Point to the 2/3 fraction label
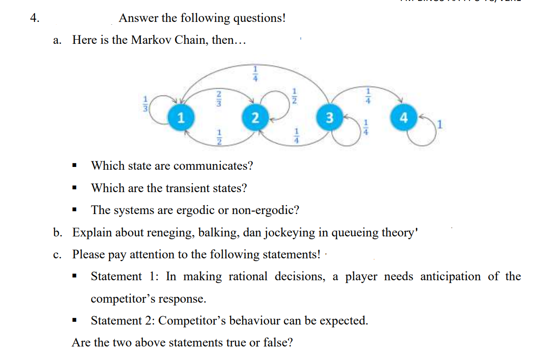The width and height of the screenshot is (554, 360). tap(217, 98)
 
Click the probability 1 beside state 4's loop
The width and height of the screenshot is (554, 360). tap(439, 125)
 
